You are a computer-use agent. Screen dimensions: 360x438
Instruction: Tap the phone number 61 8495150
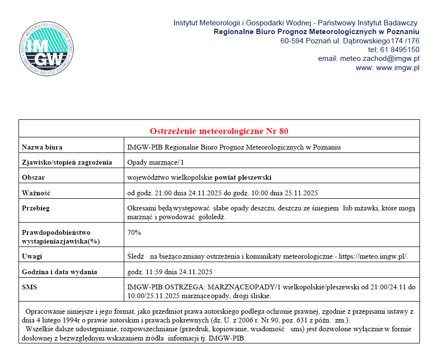[400, 49]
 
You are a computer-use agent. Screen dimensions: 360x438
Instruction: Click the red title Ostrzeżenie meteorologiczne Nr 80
[219, 131]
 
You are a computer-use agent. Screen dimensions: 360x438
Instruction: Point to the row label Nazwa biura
[42, 147]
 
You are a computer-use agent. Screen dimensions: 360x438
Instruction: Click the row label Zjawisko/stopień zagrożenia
[67, 162]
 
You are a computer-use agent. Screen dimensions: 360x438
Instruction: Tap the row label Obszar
[34, 177]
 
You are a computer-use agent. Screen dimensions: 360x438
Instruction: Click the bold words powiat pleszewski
[244, 177]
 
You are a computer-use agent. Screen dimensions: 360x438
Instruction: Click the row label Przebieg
[36, 208]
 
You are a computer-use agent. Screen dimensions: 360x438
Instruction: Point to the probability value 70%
[134, 232]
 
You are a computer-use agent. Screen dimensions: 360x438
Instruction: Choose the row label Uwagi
[32, 256]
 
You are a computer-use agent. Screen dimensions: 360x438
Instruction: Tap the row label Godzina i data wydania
[59, 272]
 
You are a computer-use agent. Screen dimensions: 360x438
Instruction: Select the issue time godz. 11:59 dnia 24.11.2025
[169, 272]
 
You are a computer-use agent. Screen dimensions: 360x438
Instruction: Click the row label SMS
[30, 287]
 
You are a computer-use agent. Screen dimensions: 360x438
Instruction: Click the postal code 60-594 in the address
[292, 40]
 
